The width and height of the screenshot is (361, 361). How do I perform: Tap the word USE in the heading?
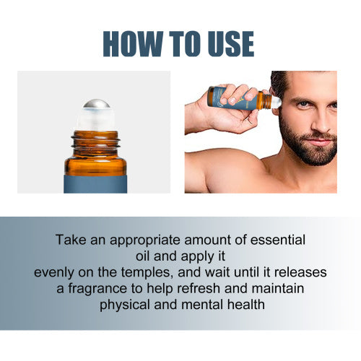[x=231, y=44]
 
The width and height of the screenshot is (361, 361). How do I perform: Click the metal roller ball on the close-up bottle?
[x=96, y=104]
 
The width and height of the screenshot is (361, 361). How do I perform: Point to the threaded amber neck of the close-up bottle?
[x=95, y=143]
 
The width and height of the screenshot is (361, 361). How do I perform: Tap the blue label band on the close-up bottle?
[x=95, y=184]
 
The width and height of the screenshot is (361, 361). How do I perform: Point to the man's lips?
[x=321, y=142]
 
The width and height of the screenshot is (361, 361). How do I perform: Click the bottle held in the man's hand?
[x=243, y=99]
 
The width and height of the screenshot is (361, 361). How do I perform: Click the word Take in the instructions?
[x=71, y=240]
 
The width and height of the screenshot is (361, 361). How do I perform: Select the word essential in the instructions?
[x=278, y=240]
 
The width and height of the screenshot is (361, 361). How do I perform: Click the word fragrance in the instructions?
[x=97, y=289]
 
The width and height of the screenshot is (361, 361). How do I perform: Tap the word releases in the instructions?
[x=300, y=272]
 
